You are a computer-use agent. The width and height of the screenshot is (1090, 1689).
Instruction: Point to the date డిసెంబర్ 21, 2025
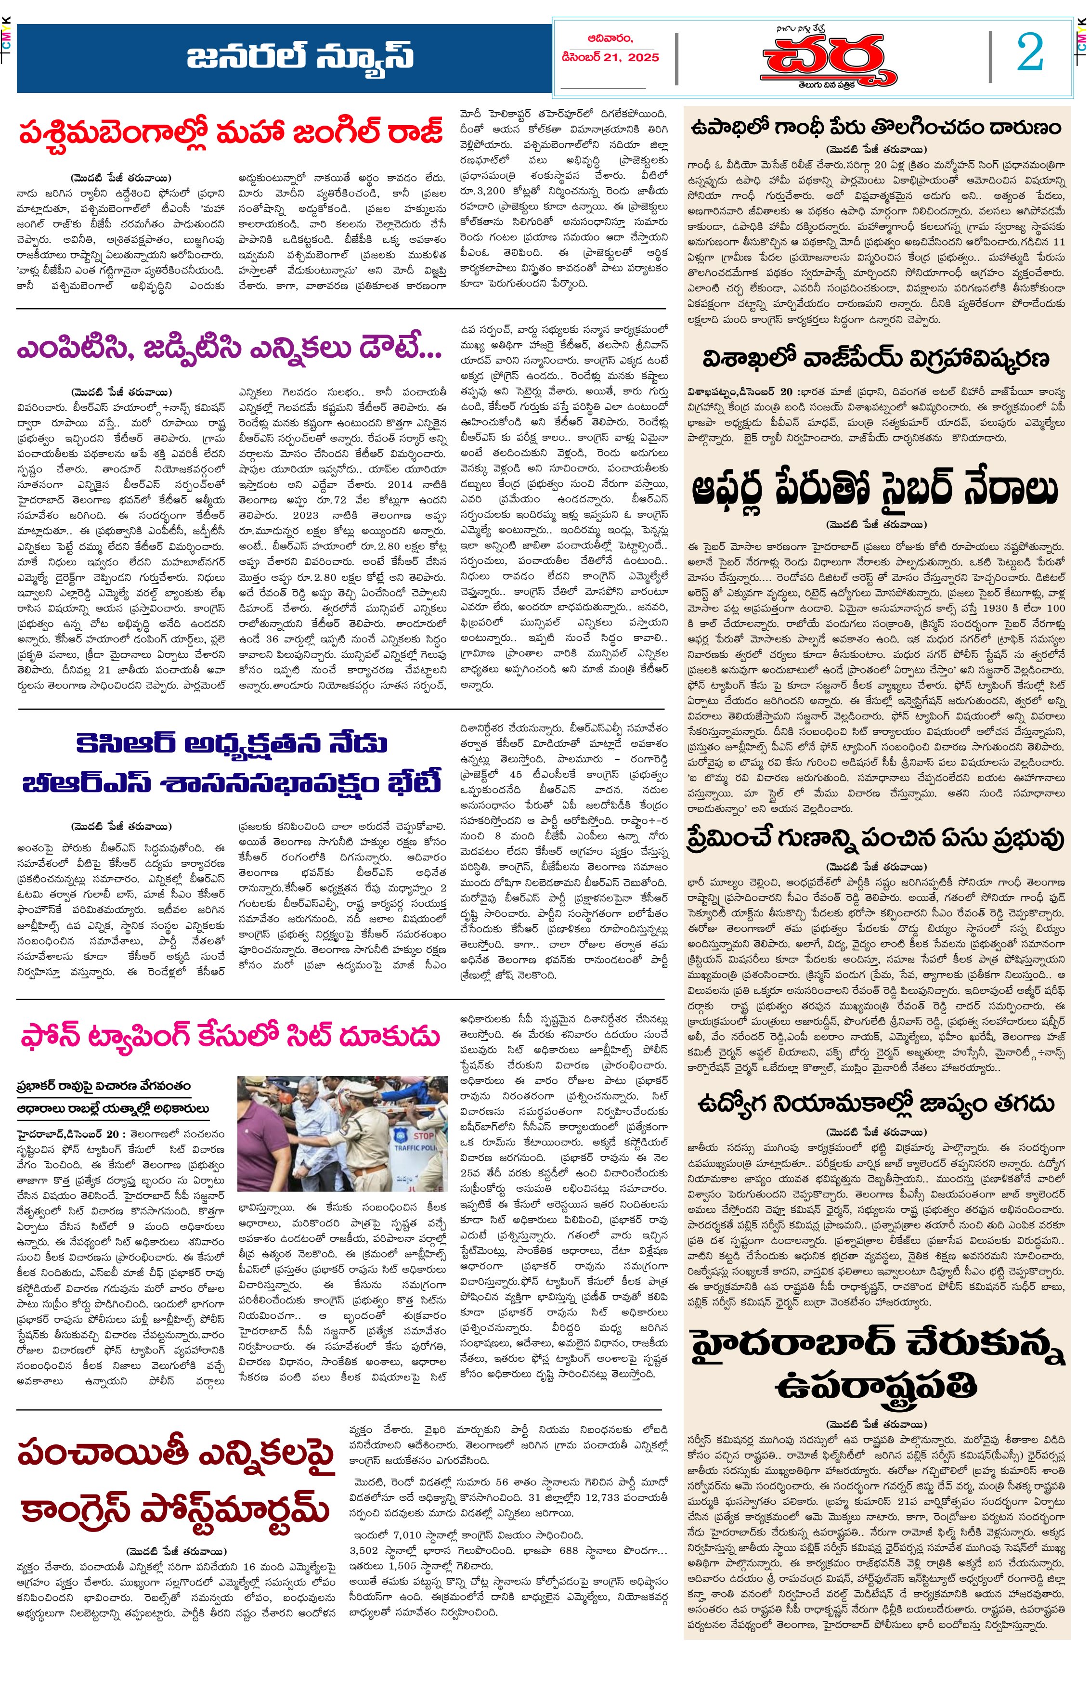(x=610, y=57)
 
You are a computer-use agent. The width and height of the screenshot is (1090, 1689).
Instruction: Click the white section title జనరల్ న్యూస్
(x=300, y=57)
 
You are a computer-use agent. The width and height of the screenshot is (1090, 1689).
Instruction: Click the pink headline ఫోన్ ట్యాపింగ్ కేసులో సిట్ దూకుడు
(x=231, y=1037)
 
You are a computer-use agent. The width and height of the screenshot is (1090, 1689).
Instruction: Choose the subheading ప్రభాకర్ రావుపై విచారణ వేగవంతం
(x=104, y=1086)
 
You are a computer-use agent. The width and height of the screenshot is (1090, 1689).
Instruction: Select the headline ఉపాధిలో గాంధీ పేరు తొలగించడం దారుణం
(x=876, y=128)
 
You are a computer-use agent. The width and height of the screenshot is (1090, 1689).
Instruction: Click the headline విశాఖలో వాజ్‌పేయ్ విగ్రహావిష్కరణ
(x=876, y=359)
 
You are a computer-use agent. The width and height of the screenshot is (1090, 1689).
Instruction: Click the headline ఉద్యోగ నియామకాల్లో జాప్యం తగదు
(x=876, y=1104)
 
